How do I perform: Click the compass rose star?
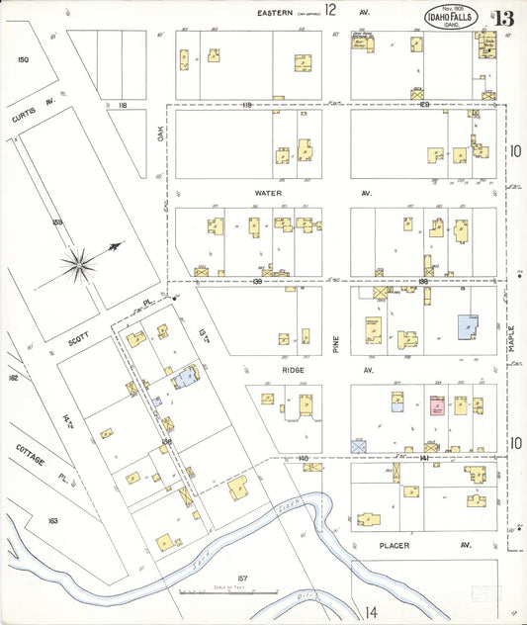(x=79, y=263)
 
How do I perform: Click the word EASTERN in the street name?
(x=277, y=12)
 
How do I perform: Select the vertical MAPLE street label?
(x=513, y=341)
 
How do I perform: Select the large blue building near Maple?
(x=465, y=328)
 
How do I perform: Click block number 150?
(x=23, y=60)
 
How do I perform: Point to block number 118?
(x=124, y=104)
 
